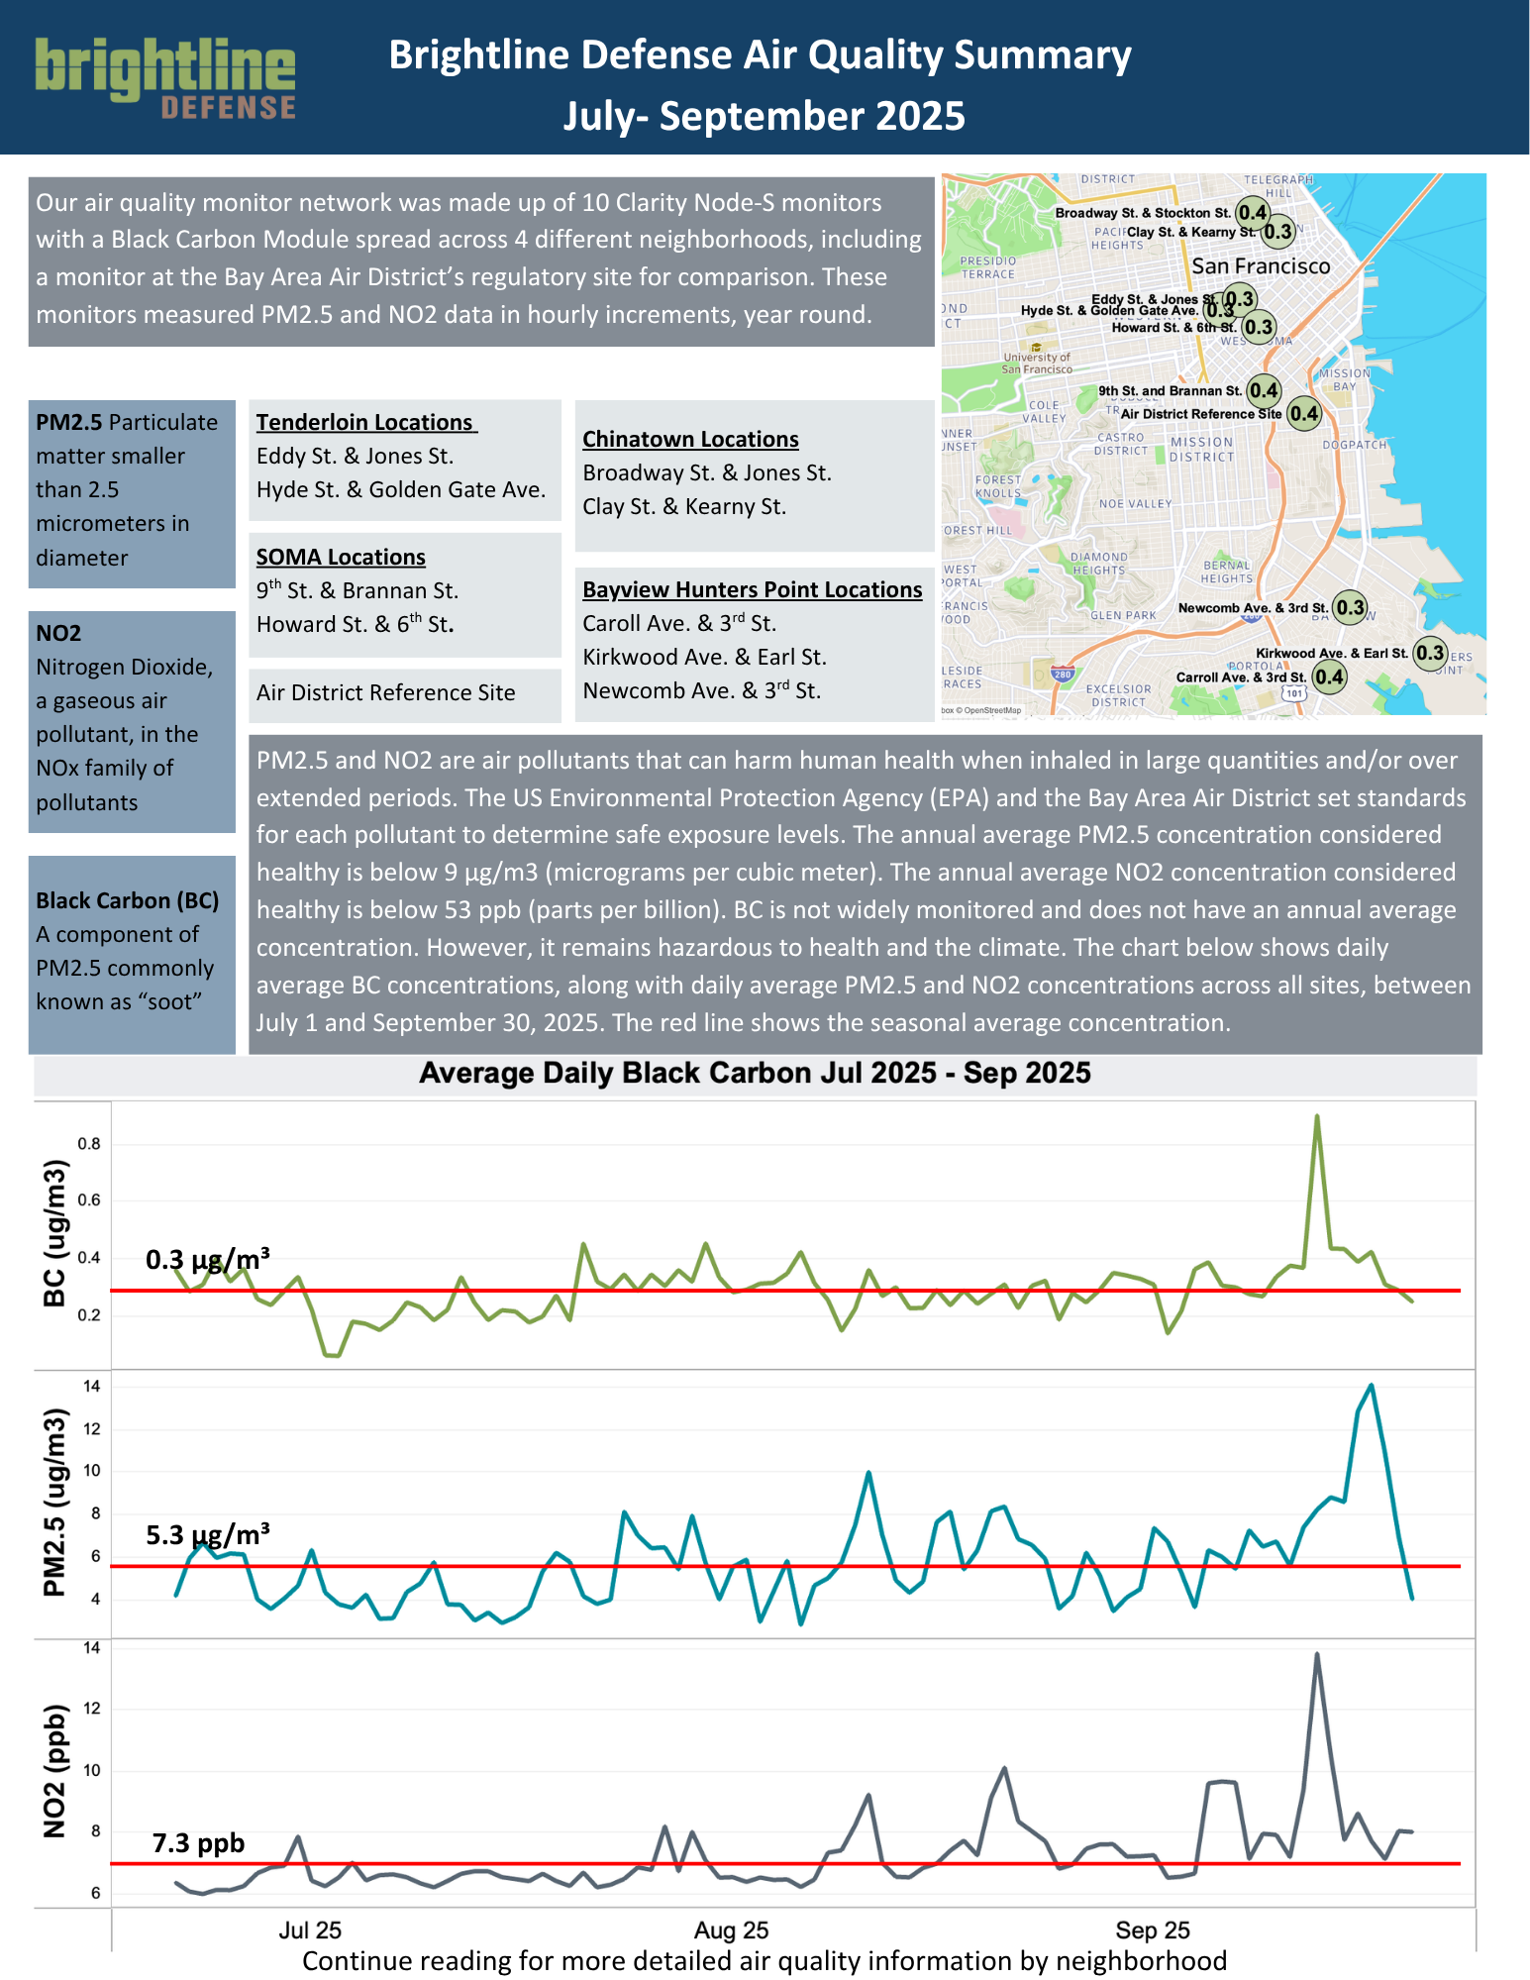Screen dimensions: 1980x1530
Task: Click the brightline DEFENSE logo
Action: pos(165,78)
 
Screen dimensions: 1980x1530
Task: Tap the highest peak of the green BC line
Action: pos(1316,1117)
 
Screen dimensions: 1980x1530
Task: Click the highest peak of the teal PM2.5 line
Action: pos(1371,1386)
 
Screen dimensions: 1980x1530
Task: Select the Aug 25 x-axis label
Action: pos(731,1929)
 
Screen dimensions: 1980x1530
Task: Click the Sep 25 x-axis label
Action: pos(1152,1929)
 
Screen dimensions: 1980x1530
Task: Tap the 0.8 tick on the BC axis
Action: pos(89,1144)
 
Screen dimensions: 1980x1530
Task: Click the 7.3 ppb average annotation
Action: pos(198,1843)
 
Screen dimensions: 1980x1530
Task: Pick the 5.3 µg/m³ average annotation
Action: pos(208,1535)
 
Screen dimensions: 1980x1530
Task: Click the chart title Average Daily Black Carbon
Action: pos(755,1074)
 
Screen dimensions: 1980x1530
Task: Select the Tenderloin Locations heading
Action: pos(365,422)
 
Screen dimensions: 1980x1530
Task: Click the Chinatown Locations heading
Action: pos(690,439)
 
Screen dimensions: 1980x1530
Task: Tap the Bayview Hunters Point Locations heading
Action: pos(752,589)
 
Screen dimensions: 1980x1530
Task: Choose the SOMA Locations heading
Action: pos(341,557)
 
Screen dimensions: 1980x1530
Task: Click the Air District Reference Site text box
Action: pos(386,692)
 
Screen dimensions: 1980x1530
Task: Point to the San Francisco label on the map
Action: pos(1261,266)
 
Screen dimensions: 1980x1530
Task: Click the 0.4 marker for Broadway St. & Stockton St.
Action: pos(1253,213)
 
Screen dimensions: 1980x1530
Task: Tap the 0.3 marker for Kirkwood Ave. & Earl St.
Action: pos(1430,652)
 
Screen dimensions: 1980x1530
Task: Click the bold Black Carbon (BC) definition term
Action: pos(128,900)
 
